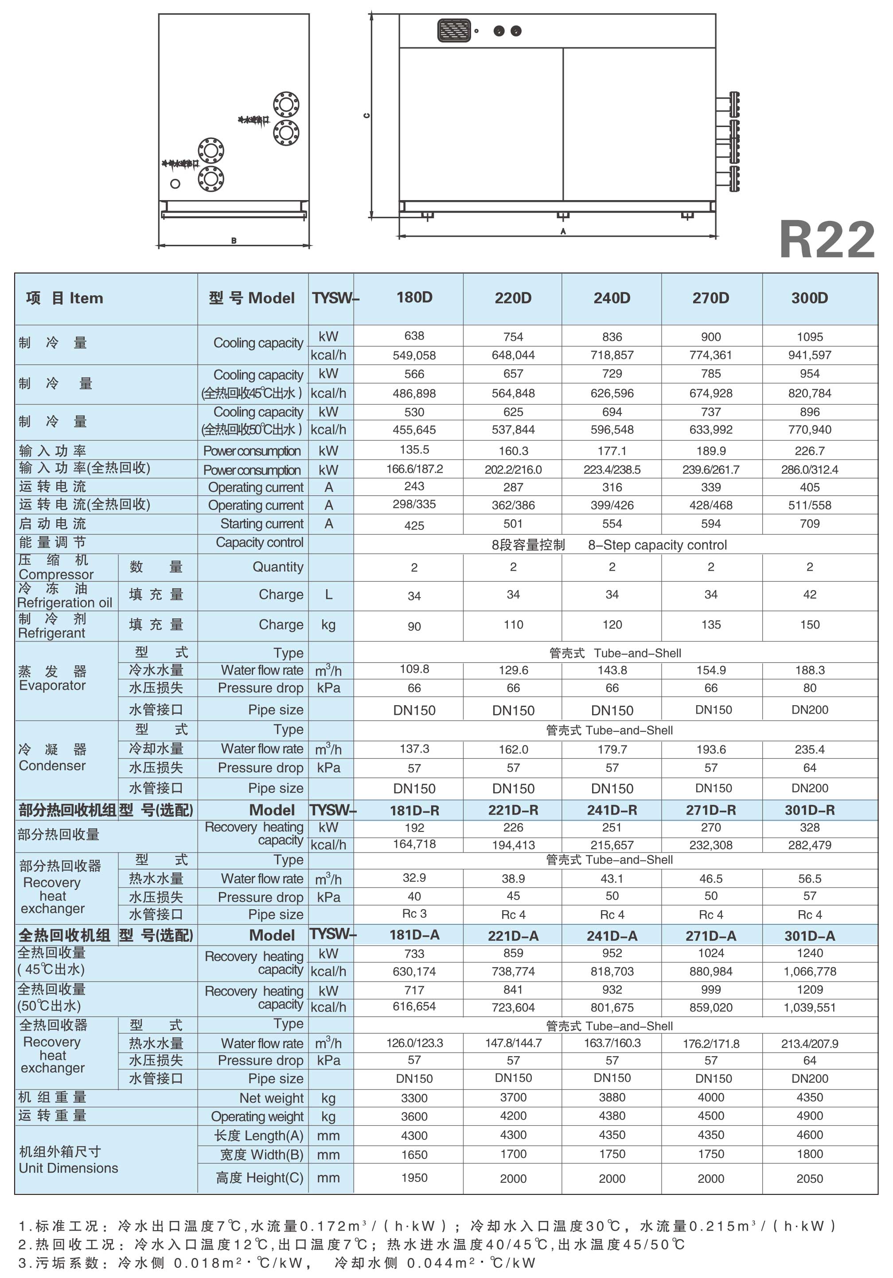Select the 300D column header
pos(809,298)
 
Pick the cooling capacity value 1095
pos(809,337)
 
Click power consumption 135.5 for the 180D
pos(414,450)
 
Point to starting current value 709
pos(809,524)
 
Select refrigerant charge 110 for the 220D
pos(513,625)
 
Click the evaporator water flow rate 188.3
pos(809,670)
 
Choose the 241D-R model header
pos(612,811)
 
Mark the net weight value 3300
pos(414,1098)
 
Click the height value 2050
pos(809,1178)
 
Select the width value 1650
pos(414,1155)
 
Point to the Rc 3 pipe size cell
pos(414,914)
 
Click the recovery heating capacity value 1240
pos(809,954)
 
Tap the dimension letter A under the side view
pos(563,231)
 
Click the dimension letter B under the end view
pos(234,241)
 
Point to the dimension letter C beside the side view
pos(366,115)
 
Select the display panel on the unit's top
pos(454,31)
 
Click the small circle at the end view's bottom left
pos(175,184)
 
